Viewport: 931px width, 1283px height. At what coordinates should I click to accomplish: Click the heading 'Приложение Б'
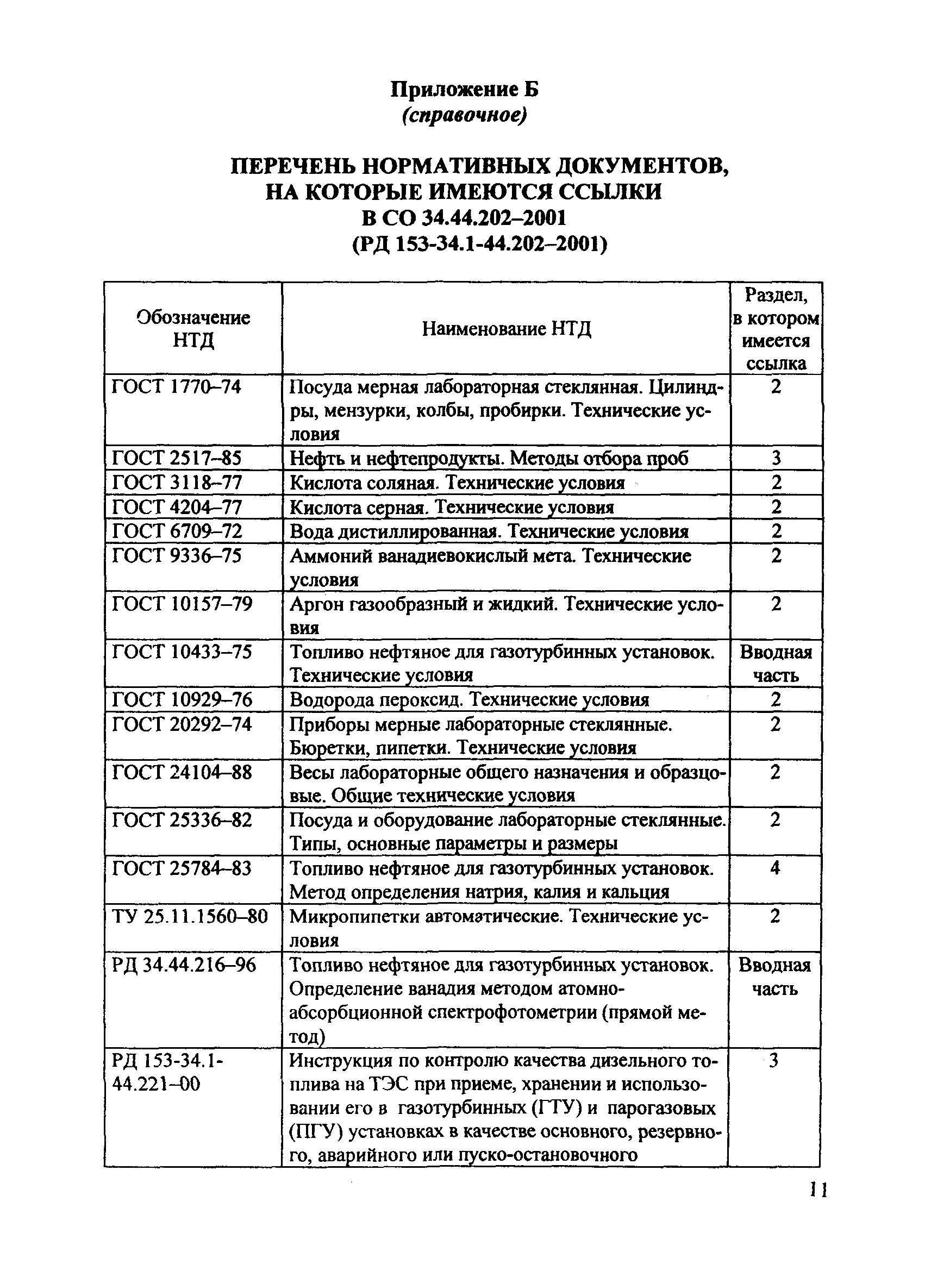[464, 89]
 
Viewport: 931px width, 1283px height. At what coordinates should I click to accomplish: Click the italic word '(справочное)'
[464, 115]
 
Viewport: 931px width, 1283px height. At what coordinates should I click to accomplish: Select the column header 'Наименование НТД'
[506, 329]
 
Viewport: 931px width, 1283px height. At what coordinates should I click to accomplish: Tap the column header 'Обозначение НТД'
[193, 329]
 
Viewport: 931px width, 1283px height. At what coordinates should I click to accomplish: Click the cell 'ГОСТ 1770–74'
[177, 387]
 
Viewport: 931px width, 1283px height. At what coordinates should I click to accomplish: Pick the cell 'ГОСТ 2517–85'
[177, 458]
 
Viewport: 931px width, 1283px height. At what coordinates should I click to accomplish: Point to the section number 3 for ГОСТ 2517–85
[776, 458]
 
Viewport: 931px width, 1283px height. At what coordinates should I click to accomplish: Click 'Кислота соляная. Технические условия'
[457, 483]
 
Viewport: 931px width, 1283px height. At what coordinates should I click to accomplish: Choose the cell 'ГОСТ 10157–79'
[182, 604]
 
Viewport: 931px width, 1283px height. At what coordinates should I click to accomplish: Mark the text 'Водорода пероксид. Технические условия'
[469, 700]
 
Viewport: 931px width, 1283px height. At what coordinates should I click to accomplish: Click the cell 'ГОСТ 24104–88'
[182, 772]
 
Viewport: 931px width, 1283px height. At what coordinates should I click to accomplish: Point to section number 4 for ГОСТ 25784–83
[775, 868]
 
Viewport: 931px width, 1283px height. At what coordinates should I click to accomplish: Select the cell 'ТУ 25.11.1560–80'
[190, 916]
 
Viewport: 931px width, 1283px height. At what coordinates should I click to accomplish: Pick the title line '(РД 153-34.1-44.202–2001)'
[480, 244]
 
